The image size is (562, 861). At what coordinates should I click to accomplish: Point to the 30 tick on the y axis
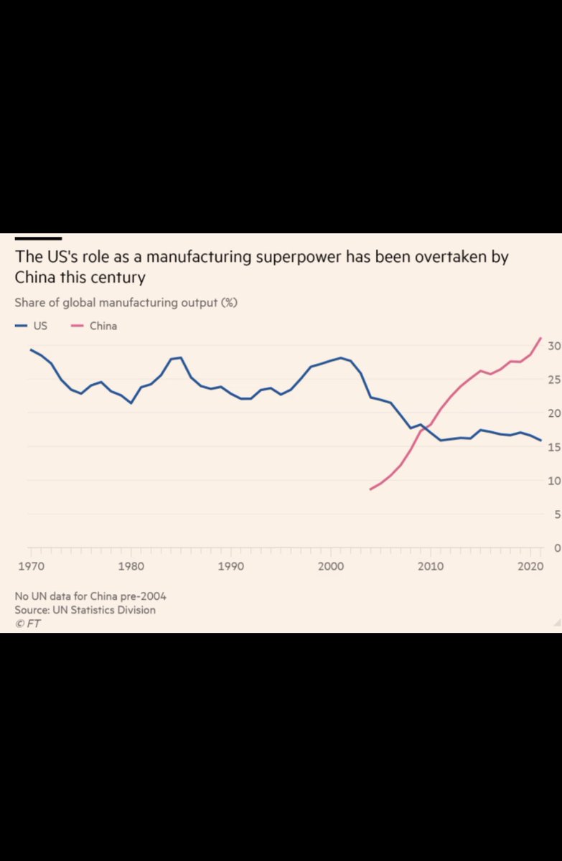click(x=553, y=346)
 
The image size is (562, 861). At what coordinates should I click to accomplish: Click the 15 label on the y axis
click(x=553, y=447)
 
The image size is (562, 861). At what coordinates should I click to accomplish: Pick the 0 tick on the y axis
click(x=556, y=548)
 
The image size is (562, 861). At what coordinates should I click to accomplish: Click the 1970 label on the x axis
click(x=30, y=566)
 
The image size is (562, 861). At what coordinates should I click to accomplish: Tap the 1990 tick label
click(x=230, y=566)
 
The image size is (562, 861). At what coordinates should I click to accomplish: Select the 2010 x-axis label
click(x=431, y=566)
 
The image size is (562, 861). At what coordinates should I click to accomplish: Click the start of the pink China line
click(x=370, y=489)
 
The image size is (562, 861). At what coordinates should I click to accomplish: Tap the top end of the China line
click(x=541, y=337)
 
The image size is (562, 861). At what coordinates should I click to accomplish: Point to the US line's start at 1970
click(x=30, y=349)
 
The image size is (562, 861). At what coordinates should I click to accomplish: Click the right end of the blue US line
click(x=541, y=441)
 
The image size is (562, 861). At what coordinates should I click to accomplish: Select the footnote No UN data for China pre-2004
click(x=90, y=596)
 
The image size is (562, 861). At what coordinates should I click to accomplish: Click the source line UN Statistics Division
click(x=85, y=610)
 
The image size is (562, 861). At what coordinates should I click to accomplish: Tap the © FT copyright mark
click(x=27, y=624)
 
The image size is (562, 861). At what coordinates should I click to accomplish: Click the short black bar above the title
click(x=38, y=238)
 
